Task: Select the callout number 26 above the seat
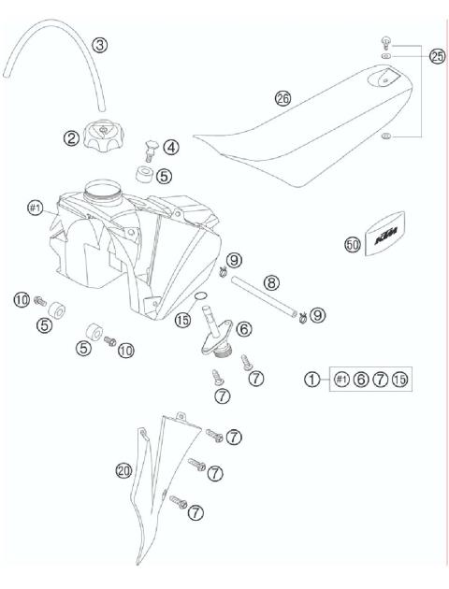coord(283,97)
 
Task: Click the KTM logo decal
coord(385,244)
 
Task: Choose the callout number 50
coord(353,245)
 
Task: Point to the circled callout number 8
coord(269,280)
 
